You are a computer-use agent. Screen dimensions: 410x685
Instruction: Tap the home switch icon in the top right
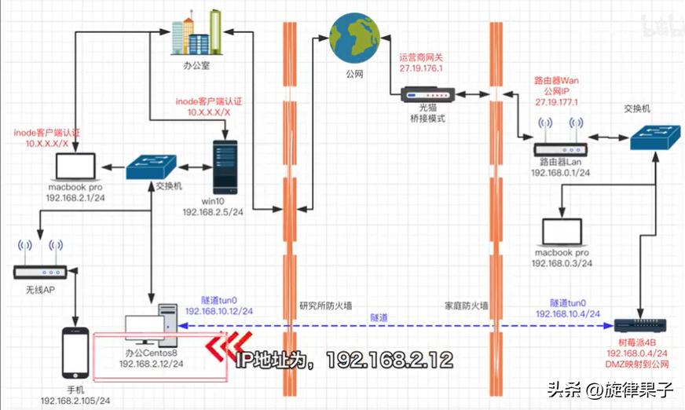[656, 136]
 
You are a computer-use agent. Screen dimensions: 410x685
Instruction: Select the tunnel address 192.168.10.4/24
[571, 314]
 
